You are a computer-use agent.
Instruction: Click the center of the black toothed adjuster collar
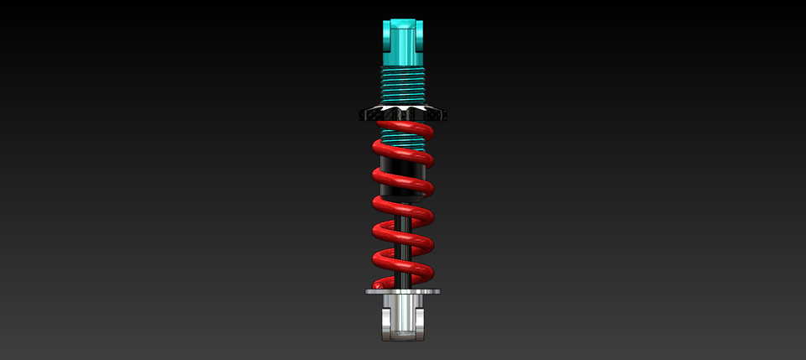pos(404,113)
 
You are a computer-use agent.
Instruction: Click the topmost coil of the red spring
pos(404,128)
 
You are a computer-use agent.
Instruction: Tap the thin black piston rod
pos(404,252)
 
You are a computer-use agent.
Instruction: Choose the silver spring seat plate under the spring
pos(403,292)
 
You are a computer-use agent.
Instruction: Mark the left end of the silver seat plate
pos(369,292)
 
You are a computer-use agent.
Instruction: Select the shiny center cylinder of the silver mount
pos(404,312)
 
